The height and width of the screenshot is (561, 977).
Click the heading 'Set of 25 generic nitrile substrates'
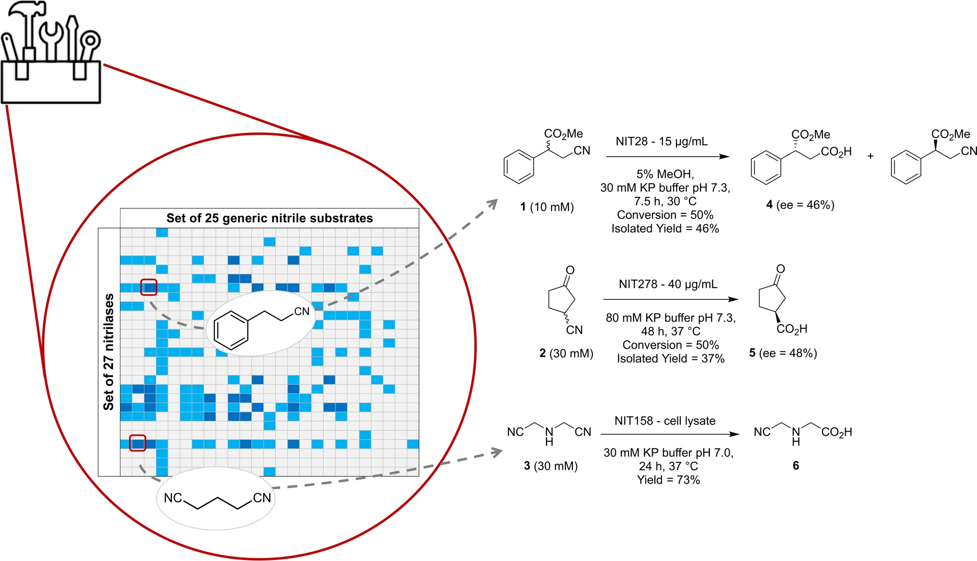coord(269,218)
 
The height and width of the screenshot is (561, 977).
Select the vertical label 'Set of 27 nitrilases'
coord(108,352)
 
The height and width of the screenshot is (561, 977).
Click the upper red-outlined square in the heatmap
coord(149,288)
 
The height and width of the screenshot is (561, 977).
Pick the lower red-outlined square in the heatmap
coord(137,443)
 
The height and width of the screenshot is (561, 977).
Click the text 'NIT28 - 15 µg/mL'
coord(661,142)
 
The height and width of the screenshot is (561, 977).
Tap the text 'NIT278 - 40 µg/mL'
coord(668,284)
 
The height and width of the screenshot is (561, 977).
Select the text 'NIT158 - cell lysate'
coord(665,421)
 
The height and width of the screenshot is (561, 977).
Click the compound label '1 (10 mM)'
coord(547,207)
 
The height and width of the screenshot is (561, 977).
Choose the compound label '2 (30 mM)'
coord(566,353)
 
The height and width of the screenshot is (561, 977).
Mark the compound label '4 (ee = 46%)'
coord(800,205)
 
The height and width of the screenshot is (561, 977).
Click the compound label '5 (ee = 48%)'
coord(783,353)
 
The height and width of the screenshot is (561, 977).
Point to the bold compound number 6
coord(796,466)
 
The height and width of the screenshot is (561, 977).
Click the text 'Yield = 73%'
coord(668,480)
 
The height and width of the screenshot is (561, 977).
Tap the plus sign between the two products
coord(870,156)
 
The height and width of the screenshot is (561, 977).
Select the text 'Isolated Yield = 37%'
coord(670,359)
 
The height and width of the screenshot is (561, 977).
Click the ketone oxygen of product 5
coord(781,269)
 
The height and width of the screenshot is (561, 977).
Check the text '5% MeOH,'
coord(665,174)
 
